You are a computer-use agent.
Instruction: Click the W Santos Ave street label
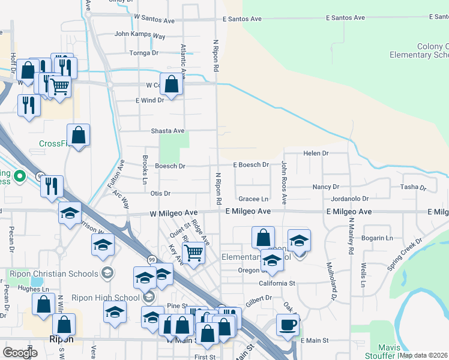point(154,20)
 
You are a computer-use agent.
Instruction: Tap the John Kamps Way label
point(139,36)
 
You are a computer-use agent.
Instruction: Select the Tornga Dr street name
point(144,53)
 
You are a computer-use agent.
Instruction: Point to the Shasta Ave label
point(167,131)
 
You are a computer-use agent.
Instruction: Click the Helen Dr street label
point(316,154)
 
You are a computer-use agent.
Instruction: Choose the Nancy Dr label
point(326,187)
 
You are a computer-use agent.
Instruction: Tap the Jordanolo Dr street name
point(349,199)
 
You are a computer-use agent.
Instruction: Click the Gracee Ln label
point(253,199)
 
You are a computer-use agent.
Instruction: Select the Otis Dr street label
point(160,193)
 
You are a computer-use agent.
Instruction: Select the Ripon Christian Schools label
point(53,274)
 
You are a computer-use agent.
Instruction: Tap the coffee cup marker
point(288,325)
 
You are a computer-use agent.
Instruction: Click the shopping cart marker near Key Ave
point(193,253)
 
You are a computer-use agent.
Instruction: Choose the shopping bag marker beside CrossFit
point(79,135)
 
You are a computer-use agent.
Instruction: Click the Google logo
point(20,352)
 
